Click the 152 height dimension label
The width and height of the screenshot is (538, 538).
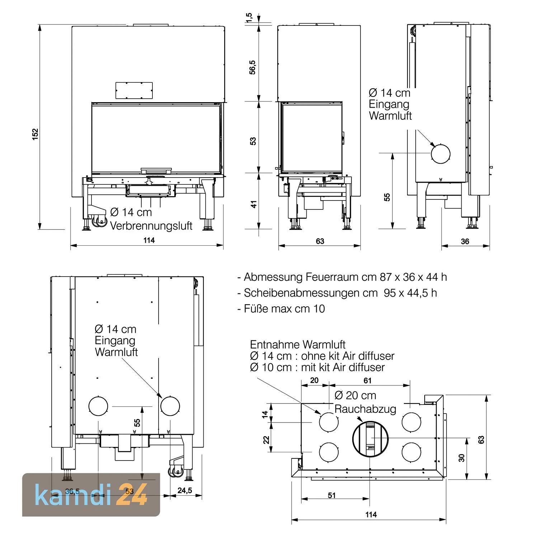(35, 134)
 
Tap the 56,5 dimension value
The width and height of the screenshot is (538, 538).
(253, 67)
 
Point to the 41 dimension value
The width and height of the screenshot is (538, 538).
(254, 204)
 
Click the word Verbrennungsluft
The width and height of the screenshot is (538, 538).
(151, 226)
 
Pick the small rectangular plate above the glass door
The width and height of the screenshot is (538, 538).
(134, 90)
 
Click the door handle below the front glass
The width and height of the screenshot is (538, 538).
(156, 170)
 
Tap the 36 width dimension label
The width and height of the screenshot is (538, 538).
(465, 241)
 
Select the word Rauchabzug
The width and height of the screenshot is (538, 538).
(365, 409)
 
